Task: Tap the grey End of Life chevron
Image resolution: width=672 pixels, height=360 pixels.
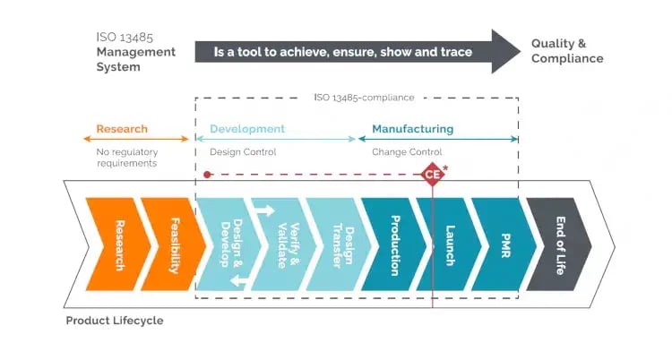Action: tap(561, 244)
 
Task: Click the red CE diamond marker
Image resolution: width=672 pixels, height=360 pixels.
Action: tap(433, 174)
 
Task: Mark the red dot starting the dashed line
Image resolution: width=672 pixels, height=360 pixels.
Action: tap(207, 174)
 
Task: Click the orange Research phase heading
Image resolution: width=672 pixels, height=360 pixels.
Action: tap(122, 129)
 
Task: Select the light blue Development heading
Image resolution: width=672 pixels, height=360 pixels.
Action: tap(247, 129)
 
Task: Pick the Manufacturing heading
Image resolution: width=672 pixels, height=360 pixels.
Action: tap(412, 129)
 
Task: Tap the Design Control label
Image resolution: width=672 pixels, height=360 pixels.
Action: tap(243, 152)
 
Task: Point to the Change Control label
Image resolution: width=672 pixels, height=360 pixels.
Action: tap(407, 152)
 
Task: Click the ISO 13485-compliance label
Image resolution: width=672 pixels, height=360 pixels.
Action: tap(356, 97)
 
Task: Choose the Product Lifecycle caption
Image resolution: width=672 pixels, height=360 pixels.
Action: tap(115, 321)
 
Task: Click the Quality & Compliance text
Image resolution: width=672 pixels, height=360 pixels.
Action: tap(566, 51)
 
